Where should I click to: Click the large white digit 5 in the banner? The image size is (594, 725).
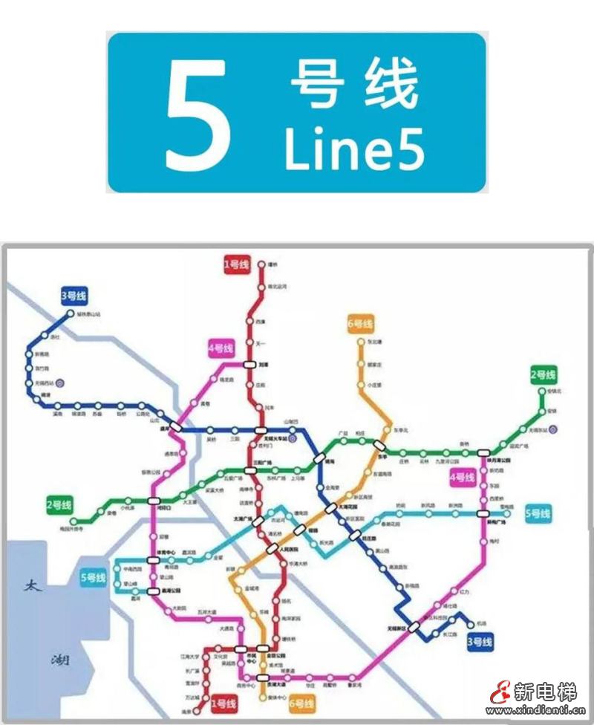(198, 113)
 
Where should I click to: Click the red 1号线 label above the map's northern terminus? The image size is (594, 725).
(237, 264)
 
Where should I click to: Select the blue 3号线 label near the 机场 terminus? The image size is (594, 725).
(480, 641)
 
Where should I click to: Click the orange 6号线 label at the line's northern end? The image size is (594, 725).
(360, 324)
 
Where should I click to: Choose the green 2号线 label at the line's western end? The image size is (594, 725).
(59, 506)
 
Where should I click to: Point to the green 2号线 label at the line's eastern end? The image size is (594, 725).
(543, 374)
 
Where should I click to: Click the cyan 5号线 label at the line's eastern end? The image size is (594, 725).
(538, 513)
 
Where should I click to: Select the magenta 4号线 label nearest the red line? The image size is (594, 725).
(221, 348)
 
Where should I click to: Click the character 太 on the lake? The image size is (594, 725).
(31, 586)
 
